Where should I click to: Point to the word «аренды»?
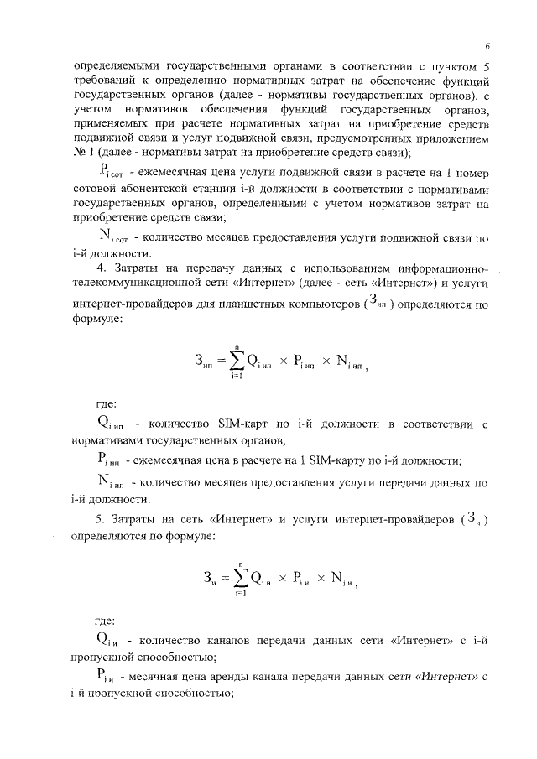pos(234,677)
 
